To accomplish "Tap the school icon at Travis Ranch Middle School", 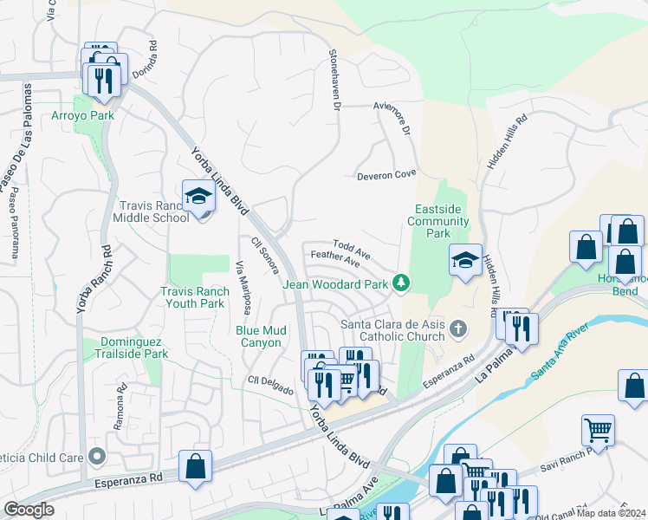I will [x=198, y=197].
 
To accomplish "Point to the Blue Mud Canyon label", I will [x=271, y=336].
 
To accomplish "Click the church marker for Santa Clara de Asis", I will [x=458, y=328].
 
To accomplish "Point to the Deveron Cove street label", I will [x=386, y=176].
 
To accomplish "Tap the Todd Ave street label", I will [x=352, y=250].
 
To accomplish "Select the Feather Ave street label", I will [x=334, y=259].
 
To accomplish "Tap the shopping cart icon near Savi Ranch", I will [x=598, y=430].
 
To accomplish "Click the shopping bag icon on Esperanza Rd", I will [x=195, y=466].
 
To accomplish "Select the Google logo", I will [x=29, y=510].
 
